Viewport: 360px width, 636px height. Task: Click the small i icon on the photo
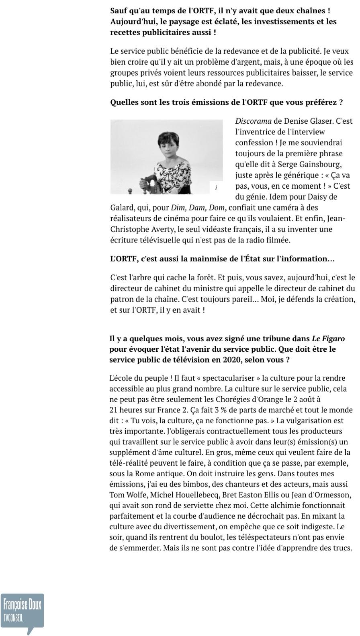[216, 188]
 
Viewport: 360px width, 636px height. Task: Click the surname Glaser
[321, 121]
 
